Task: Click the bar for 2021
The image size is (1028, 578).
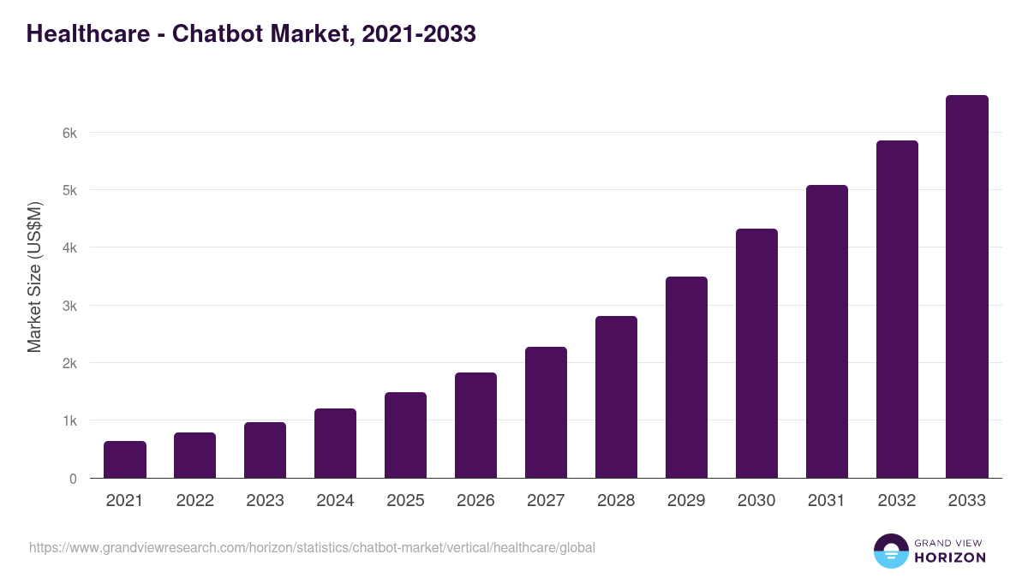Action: pyautogui.click(x=125, y=460)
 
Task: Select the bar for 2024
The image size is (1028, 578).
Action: pyautogui.click(x=335, y=444)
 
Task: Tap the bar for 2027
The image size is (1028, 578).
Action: pyautogui.click(x=546, y=413)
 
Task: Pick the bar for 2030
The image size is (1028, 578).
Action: pyautogui.click(x=756, y=354)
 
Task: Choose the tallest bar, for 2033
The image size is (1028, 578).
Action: pyautogui.click(x=967, y=287)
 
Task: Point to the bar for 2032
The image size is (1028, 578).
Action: pyautogui.click(x=897, y=309)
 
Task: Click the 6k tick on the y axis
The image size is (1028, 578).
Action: pyautogui.click(x=69, y=133)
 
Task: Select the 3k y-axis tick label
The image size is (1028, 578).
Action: pyautogui.click(x=69, y=306)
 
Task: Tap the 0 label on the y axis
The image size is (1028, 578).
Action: pyautogui.click(x=73, y=479)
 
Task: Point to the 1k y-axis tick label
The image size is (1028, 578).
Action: pyautogui.click(x=69, y=421)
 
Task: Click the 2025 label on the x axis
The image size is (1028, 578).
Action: pyautogui.click(x=405, y=501)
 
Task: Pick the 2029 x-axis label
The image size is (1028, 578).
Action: pyautogui.click(x=686, y=501)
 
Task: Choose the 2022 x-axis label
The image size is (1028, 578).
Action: pyautogui.click(x=194, y=501)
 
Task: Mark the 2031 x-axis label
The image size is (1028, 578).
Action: pyautogui.click(x=827, y=501)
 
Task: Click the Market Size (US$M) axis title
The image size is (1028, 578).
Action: pyautogui.click(x=34, y=277)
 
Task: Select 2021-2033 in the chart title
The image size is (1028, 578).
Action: pyautogui.click(x=419, y=34)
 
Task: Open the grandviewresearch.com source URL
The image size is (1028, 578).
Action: pyautogui.click(x=312, y=547)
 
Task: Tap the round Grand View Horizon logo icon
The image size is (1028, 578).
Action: pyautogui.click(x=890, y=551)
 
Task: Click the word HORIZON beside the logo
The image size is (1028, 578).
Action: pyautogui.click(x=950, y=557)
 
